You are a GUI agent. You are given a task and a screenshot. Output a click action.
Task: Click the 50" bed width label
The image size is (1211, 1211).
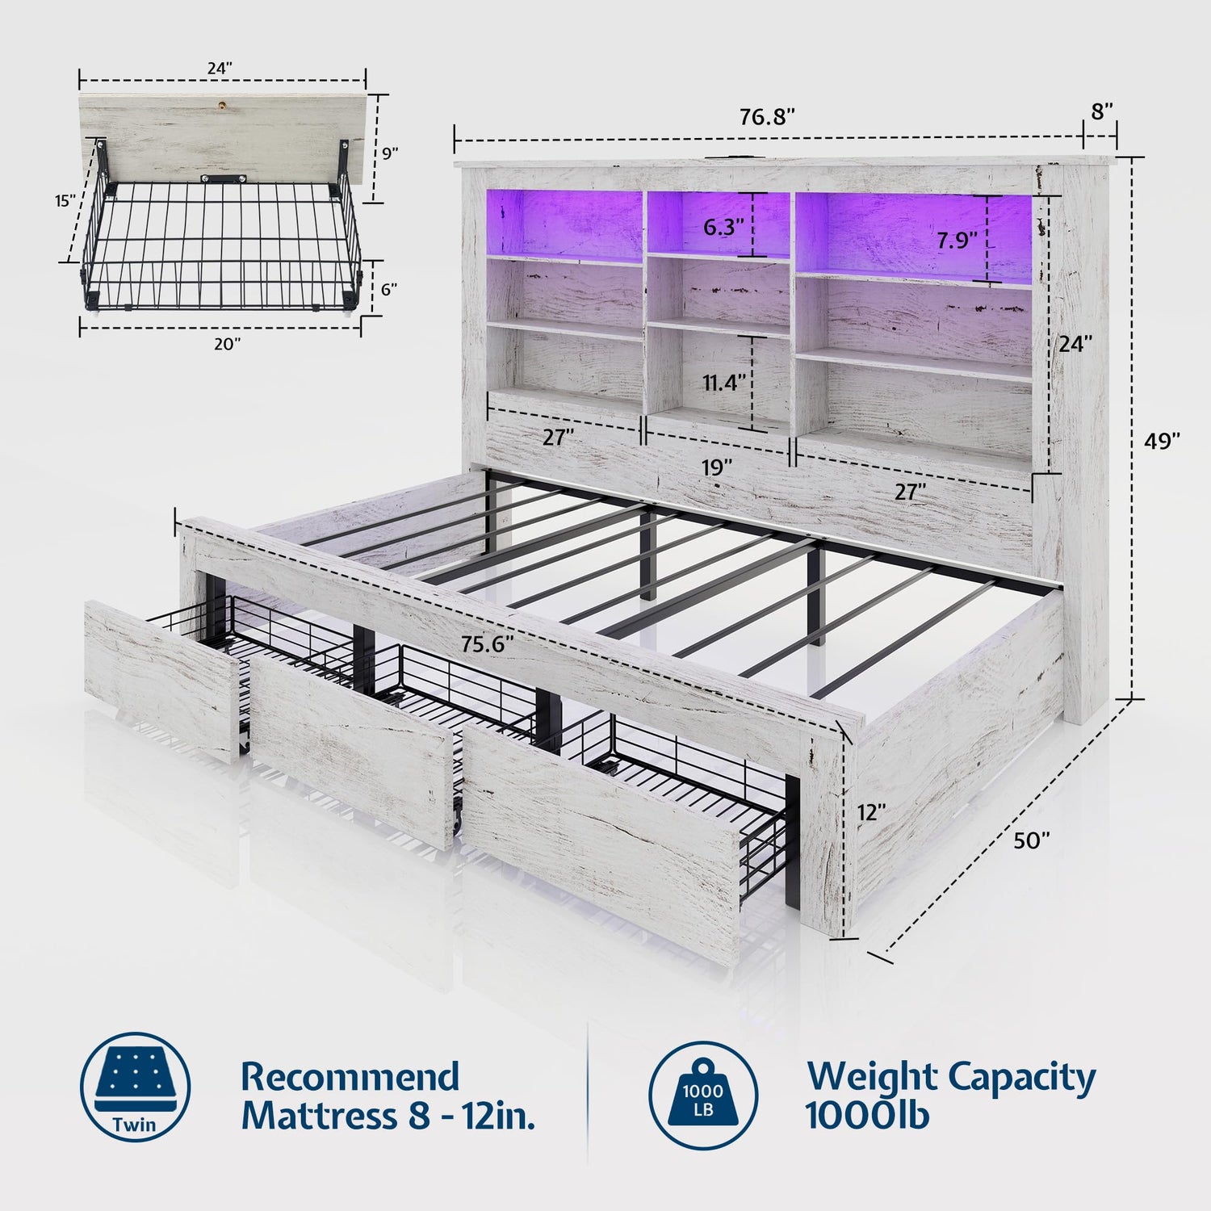1032,840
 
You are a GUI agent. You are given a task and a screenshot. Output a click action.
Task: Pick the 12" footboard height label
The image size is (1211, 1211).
873,812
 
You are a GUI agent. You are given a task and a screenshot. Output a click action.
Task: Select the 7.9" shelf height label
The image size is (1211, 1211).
957,240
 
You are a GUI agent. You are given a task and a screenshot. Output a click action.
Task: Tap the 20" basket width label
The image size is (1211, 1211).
227,344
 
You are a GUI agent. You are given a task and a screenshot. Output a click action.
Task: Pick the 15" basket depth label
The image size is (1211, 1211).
65,200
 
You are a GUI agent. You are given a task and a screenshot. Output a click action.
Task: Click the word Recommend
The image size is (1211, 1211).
350,1077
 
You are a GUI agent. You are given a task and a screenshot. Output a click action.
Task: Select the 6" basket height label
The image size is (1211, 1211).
389,289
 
